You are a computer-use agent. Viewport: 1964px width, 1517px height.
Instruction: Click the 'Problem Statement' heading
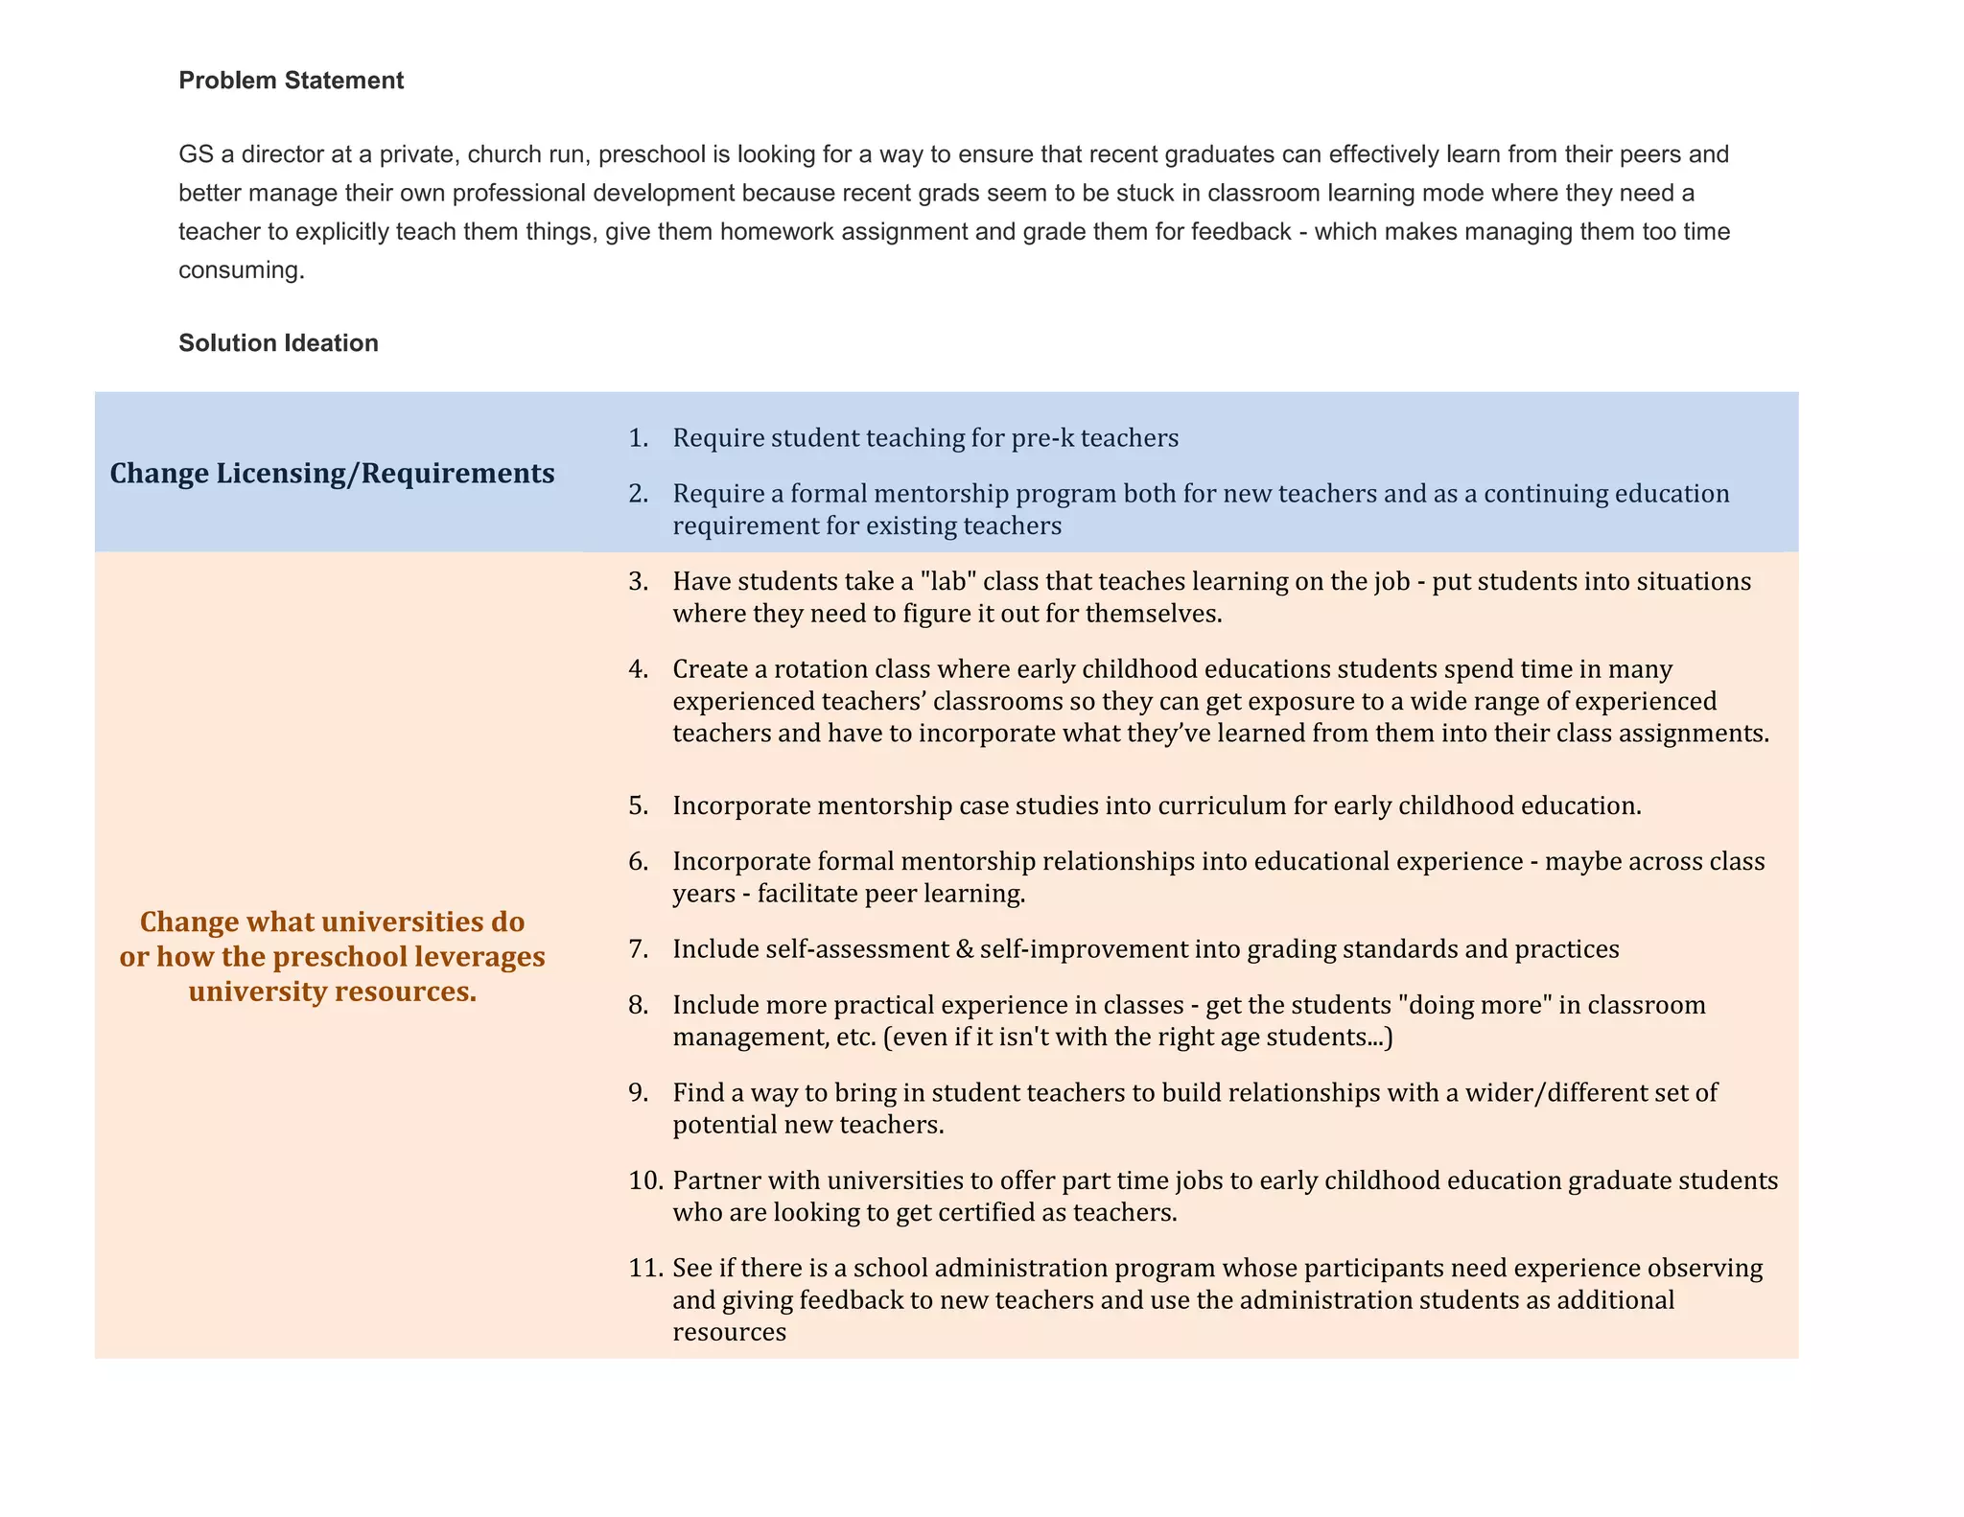click(x=291, y=81)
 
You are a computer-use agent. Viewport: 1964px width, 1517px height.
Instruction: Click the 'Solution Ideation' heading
click(x=278, y=343)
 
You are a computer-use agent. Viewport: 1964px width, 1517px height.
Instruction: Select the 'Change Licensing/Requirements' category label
click(x=332, y=473)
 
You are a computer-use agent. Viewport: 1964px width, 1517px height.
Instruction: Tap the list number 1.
click(x=638, y=438)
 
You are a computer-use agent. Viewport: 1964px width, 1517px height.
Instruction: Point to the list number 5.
click(x=639, y=805)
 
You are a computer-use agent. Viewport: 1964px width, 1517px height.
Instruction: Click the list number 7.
click(x=639, y=949)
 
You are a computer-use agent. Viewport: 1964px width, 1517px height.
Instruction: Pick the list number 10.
click(x=645, y=1180)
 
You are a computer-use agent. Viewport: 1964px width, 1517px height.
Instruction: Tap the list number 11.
click(x=645, y=1269)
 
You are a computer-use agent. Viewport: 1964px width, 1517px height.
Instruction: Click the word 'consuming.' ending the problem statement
click(x=242, y=270)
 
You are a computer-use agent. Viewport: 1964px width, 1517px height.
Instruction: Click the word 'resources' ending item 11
click(x=729, y=1333)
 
